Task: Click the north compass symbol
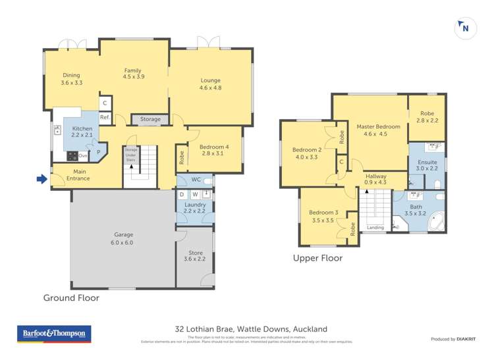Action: [x=465, y=28]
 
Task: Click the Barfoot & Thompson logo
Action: [x=53, y=334]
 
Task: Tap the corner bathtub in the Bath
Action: [x=435, y=223]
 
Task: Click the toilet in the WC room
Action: [x=207, y=180]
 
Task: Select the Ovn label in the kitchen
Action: [x=83, y=156]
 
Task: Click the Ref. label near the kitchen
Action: [x=105, y=118]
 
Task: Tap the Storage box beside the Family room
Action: [x=150, y=119]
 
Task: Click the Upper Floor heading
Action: [x=317, y=259]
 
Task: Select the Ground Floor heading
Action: [x=71, y=298]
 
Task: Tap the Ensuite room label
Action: [x=426, y=165]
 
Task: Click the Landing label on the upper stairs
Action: [x=375, y=228]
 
